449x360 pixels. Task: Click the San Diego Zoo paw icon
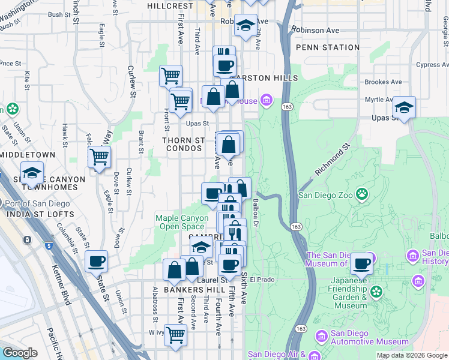pyautogui.click(x=362, y=194)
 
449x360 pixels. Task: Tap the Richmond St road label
pyautogui.click(x=332, y=160)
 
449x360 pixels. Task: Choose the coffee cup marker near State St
pyautogui.click(x=96, y=262)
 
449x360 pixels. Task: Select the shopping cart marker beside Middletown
pyautogui.click(x=99, y=157)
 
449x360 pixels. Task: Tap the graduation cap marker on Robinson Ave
pyautogui.click(x=246, y=25)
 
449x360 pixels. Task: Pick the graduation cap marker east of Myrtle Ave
pyautogui.click(x=405, y=107)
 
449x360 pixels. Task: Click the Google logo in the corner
pyautogui.click(x=20, y=353)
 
